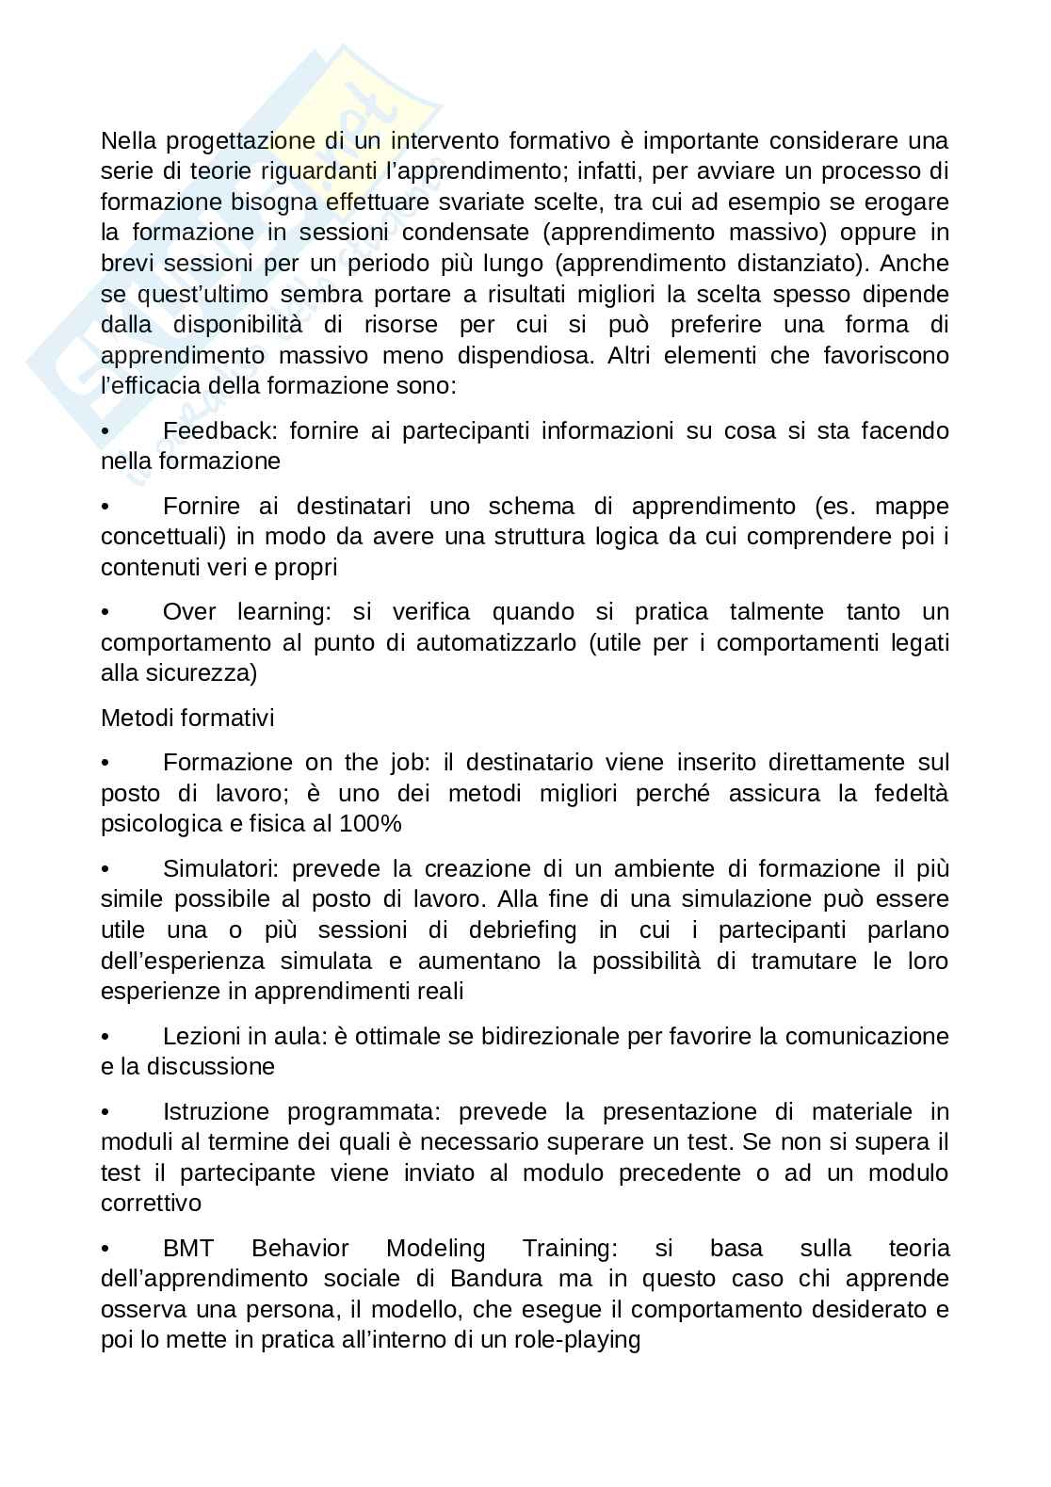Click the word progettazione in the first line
tap(239, 142)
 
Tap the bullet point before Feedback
tap(105, 432)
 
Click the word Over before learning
tap(190, 612)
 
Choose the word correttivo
tap(151, 1204)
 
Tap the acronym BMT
tap(188, 1250)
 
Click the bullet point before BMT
tap(105, 1250)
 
